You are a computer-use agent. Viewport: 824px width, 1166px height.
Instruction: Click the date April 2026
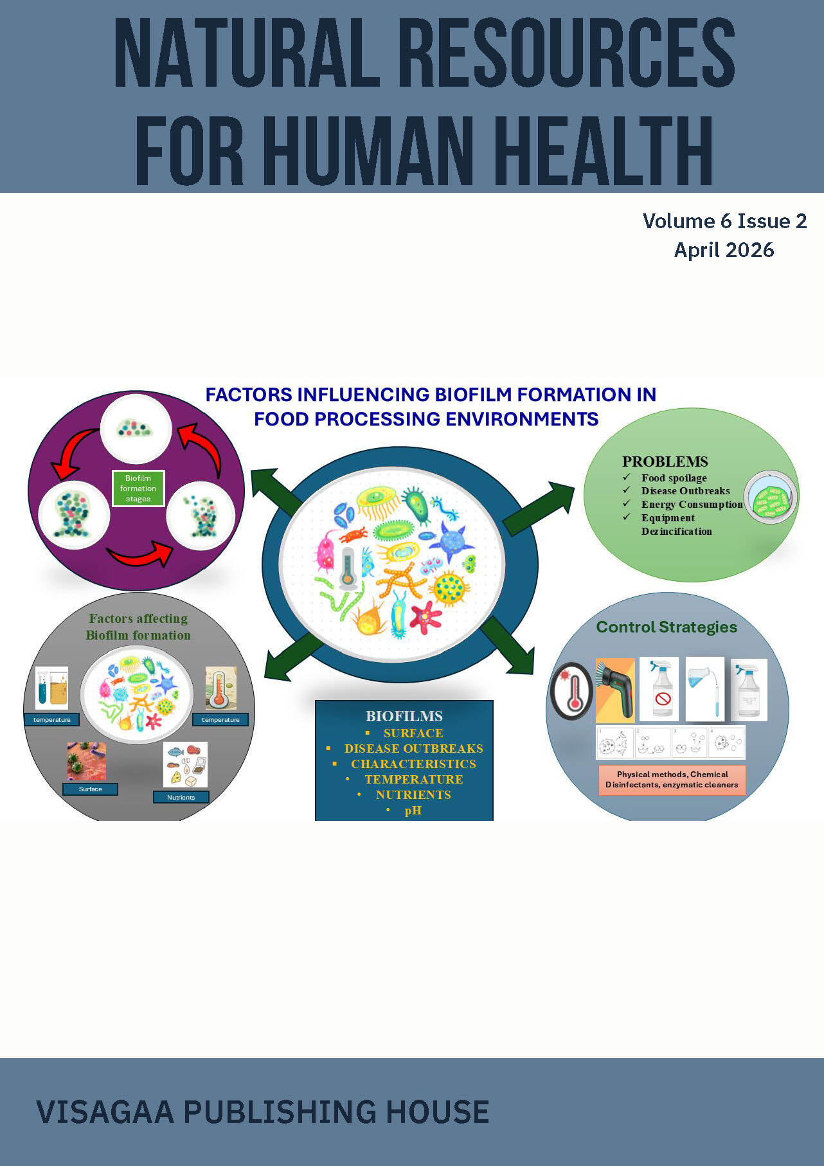[724, 249]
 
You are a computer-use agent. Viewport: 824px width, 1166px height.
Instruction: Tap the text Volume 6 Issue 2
[724, 221]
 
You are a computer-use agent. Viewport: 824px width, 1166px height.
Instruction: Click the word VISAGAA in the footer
[105, 1112]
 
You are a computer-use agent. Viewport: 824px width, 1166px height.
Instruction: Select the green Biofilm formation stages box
[138, 489]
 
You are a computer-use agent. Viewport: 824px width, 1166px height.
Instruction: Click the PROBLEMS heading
[665, 462]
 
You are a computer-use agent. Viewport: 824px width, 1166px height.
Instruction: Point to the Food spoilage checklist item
[674, 478]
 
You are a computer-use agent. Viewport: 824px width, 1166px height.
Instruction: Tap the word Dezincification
[676, 532]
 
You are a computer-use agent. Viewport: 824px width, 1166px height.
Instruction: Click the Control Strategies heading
[667, 627]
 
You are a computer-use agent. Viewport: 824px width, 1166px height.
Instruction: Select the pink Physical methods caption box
[672, 780]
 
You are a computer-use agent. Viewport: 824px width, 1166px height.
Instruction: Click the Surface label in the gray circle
[90, 789]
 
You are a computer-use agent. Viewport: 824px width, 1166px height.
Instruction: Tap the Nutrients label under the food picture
[181, 797]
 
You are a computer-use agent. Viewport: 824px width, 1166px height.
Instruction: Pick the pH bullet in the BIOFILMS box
[413, 811]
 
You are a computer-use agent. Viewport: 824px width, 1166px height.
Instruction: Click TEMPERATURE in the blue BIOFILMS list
[413, 779]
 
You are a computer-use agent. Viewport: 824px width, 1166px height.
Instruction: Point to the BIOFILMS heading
[404, 716]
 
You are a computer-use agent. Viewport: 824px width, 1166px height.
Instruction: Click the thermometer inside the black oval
[572, 692]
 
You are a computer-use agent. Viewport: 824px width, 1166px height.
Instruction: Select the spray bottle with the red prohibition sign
[659, 688]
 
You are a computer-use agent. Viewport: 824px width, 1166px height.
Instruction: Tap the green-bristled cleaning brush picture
[615, 690]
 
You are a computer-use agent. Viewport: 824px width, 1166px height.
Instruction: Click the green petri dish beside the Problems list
[771, 498]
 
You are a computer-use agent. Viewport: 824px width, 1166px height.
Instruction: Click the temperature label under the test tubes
[51, 720]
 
